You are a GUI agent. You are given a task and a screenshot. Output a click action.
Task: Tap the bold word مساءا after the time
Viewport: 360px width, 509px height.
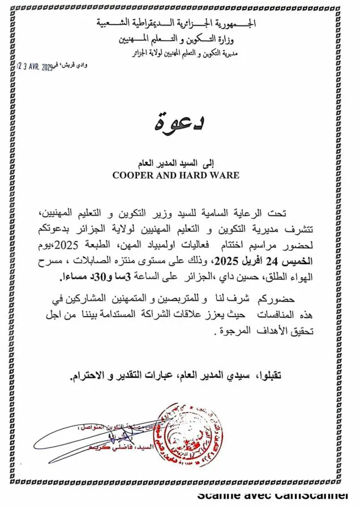pos(72,277)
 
